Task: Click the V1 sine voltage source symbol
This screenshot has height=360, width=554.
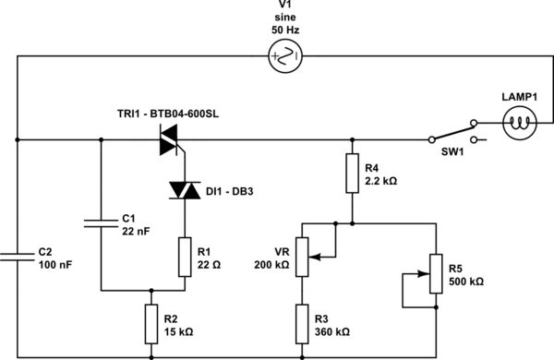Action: pyautogui.click(x=283, y=59)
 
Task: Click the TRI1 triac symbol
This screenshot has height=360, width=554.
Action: pyautogui.click(x=168, y=140)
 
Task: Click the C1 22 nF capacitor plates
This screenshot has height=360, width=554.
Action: pyautogui.click(x=100, y=222)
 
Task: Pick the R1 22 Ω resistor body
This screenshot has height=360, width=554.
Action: pyautogui.click(x=185, y=256)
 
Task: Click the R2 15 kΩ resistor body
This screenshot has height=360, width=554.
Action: pyautogui.click(x=152, y=322)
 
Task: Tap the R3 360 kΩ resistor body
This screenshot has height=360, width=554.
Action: pyautogui.click(x=301, y=322)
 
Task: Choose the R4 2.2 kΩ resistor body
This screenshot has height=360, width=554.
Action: pyautogui.click(x=352, y=174)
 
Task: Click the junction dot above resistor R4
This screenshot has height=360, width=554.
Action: pyautogui.click(x=352, y=140)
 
